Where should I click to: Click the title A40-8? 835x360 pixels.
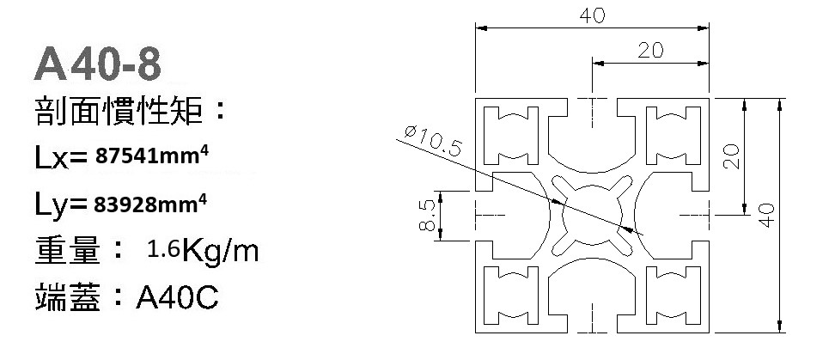click(x=97, y=64)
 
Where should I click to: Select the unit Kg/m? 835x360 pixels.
click(x=219, y=252)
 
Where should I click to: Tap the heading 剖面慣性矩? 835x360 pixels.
click(x=120, y=112)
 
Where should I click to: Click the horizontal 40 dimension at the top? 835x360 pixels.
click(x=592, y=15)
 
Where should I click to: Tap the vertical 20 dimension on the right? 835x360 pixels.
click(x=730, y=156)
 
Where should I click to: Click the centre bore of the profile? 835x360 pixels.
click(x=592, y=214)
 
